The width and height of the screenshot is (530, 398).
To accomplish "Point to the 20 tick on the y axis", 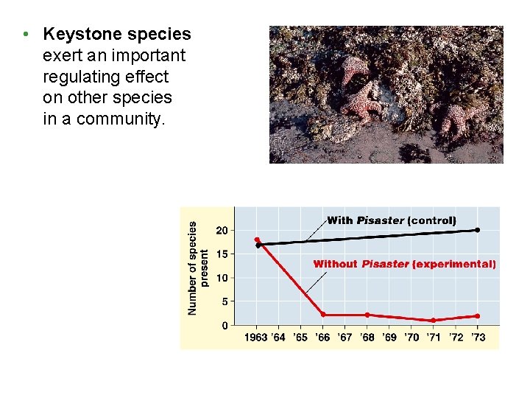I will pyautogui.click(x=222, y=231).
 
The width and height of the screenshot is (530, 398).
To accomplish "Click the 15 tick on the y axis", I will pyautogui.click(x=222, y=254).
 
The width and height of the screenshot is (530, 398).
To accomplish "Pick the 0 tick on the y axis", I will pyautogui.click(x=225, y=325).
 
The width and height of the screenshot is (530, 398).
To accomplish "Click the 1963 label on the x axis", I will pyautogui.click(x=257, y=338).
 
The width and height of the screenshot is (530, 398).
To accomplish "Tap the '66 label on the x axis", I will pyautogui.click(x=322, y=338).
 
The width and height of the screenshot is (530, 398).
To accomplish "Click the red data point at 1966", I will pyautogui.click(x=322, y=315).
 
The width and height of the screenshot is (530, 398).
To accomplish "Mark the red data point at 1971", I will pyautogui.click(x=433, y=320).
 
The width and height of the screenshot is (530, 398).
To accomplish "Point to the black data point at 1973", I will pyautogui.click(x=477, y=230).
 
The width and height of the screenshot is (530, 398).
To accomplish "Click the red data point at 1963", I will pyautogui.click(x=257, y=240).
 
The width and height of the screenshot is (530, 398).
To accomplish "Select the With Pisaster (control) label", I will pyautogui.click(x=391, y=220).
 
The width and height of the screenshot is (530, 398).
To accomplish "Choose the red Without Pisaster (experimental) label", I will pyautogui.click(x=404, y=264).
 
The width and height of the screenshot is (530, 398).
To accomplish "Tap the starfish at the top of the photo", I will pyautogui.click(x=354, y=68).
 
